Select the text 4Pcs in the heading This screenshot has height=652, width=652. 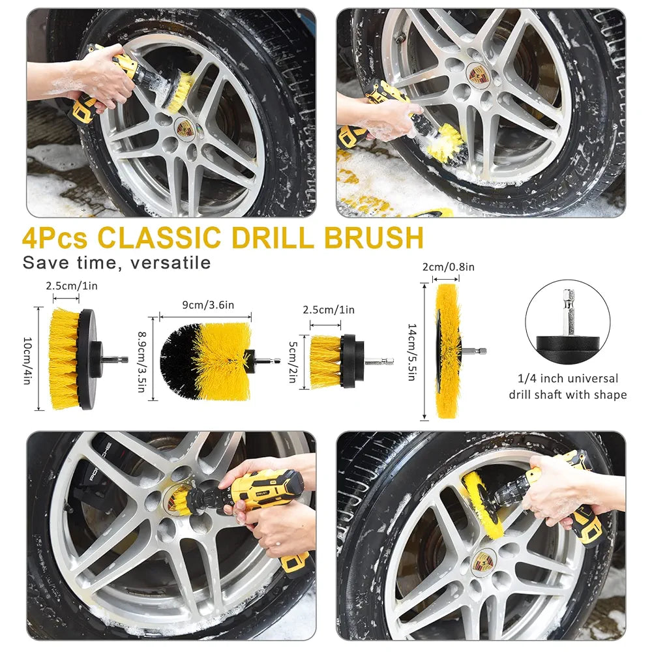pos(55,238)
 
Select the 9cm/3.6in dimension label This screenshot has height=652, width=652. pos(205,303)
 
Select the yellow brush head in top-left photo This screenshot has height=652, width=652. pos(180,91)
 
